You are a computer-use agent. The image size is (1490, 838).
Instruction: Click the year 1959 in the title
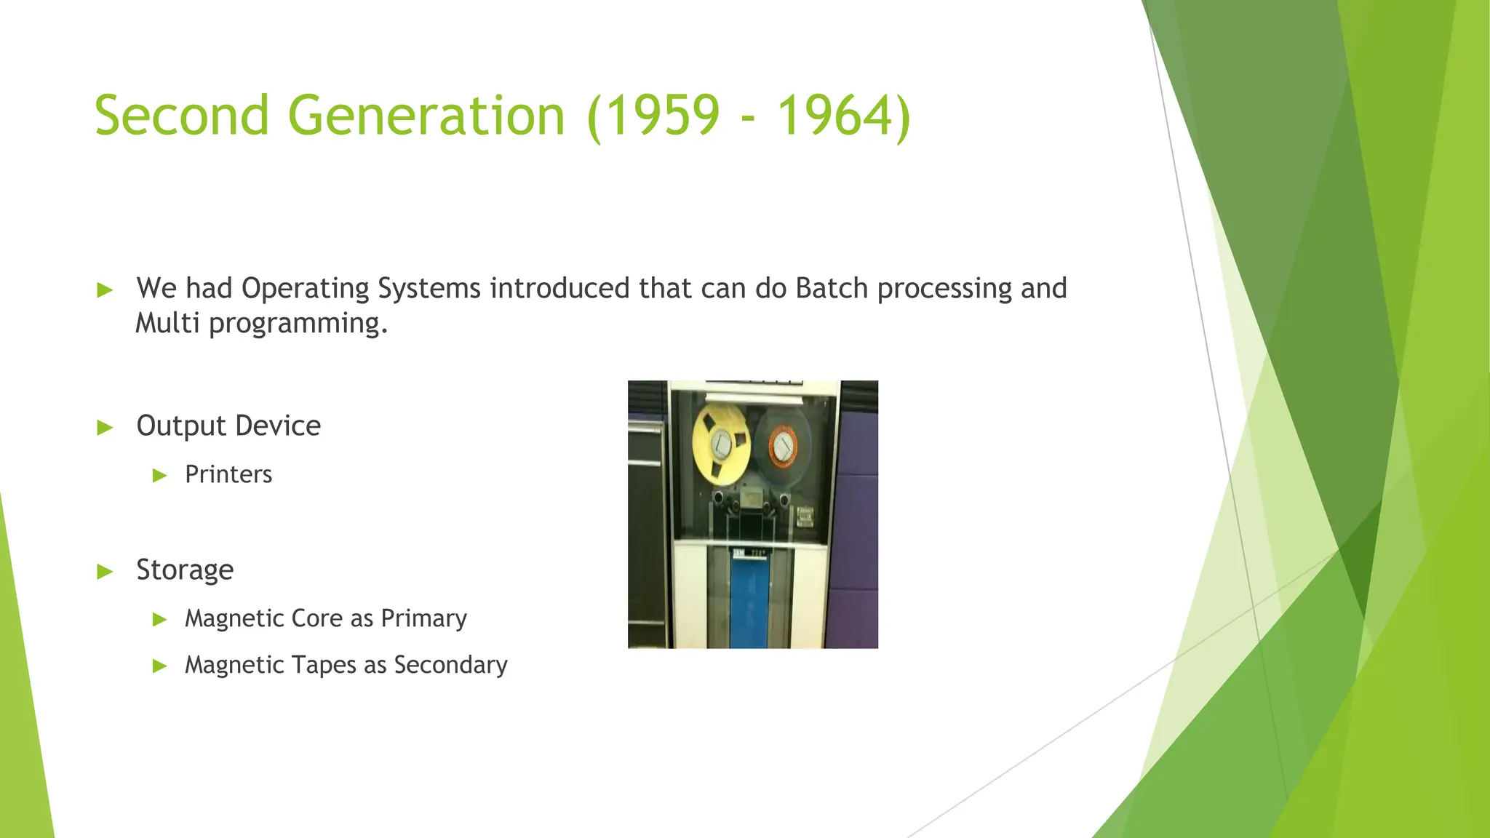click(x=661, y=116)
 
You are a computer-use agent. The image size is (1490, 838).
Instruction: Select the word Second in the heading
click(x=182, y=116)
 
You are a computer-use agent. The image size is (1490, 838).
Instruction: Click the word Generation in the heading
click(x=426, y=116)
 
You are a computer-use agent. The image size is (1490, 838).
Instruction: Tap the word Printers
click(x=228, y=474)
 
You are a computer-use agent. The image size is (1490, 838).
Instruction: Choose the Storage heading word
click(x=185, y=570)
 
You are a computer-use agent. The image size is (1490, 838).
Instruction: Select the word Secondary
click(x=450, y=665)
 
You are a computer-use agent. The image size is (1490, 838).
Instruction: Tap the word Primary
click(x=423, y=619)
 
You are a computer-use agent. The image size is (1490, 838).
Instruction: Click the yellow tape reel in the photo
click(x=720, y=443)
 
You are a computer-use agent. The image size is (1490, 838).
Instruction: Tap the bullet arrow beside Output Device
click(x=105, y=427)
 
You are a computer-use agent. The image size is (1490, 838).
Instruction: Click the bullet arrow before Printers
click(x=160, y=476)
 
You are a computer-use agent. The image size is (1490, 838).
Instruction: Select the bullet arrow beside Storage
click(x=105, y=571)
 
